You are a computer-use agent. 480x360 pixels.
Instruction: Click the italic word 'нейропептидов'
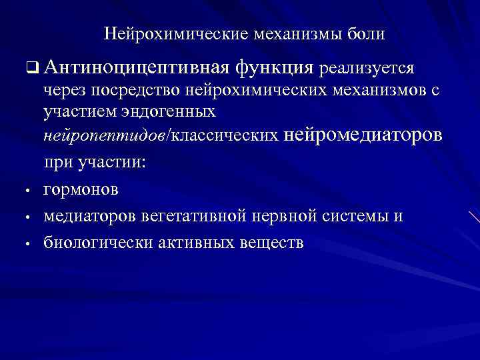(x=105, y=135)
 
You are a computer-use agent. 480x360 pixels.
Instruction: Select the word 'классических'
(x=226, y=135)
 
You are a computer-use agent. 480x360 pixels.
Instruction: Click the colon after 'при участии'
(x=143, y=162)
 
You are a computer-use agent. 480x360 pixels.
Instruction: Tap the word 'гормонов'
(x=81, y=189)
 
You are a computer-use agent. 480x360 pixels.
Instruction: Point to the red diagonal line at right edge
(x=473, y=217)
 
